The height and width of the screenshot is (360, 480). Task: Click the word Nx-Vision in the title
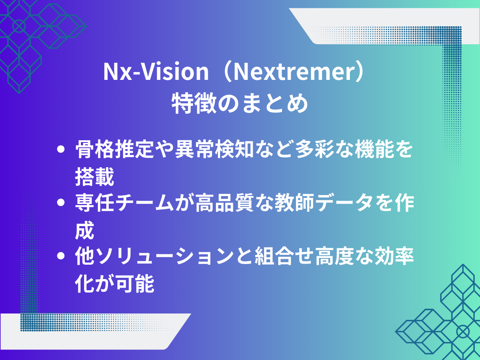pyautogui.click(x=156, y=72)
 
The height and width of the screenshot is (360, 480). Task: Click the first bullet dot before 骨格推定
pyautogui.click(x=61, y=149)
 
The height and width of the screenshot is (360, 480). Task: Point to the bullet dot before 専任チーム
pyautogui.click(x=61, y=202)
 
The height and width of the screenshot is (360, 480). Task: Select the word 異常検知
pyautogui.click(x=214, y=149)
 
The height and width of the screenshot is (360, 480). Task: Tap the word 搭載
pyautogui.click(x=94, y=176)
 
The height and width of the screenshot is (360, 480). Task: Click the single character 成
pyautogui.click(x=85, y=230)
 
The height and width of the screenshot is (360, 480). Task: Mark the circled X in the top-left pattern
pyautogui.click(x=19, y=26)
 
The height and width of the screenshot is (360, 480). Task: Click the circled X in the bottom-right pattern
pyautogui.click(x=463, y=332)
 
